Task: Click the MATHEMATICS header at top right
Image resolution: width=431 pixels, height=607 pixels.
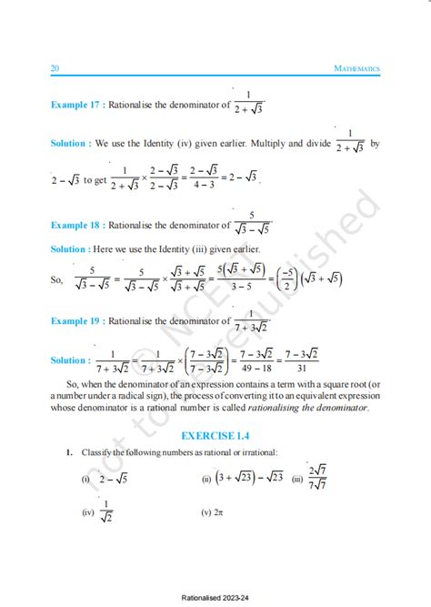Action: click(356, 68)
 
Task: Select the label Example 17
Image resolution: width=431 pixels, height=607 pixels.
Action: click(75, 106)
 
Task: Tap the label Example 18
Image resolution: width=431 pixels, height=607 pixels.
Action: click(75, 225)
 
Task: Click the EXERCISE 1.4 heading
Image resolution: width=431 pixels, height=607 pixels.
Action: click(215, 434)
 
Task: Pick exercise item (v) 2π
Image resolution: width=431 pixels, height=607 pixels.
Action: click(215, 512)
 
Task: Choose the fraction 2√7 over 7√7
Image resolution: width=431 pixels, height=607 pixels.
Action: click(317, 477)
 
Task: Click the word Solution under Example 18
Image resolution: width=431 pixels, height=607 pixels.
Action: click(68, 248)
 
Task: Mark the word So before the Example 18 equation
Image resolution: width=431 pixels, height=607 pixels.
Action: click(57, 278)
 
